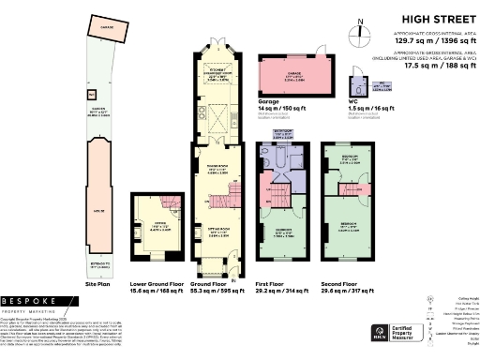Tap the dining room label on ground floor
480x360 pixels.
coord(217,172)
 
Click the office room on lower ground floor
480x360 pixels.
coord(150,225)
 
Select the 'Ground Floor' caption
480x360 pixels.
coord(217,282)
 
